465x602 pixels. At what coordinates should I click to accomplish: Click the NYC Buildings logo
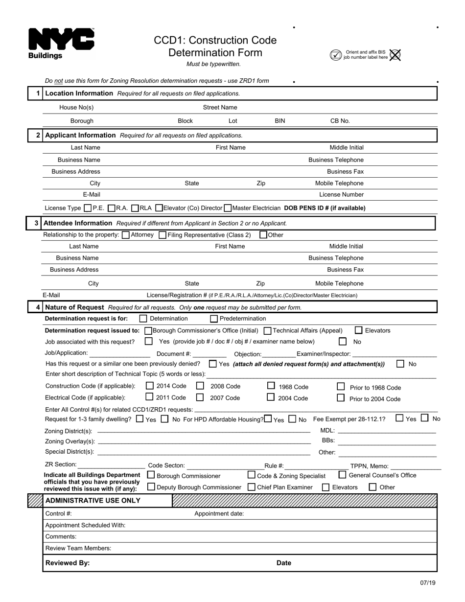[61, 43]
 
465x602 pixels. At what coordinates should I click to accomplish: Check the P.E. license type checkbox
[88, 208]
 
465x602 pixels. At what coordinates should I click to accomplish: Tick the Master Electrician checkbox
[228, 208]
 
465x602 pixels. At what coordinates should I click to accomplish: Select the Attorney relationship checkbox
[125, 235]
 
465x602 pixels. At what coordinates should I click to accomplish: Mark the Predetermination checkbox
[214, 319]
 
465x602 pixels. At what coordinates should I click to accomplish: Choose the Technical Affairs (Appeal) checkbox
[268, 331]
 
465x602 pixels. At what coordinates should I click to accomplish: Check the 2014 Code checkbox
[150, 386]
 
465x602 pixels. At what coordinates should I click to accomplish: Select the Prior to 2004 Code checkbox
[341, 398]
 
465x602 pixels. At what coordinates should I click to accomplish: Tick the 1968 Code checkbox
[271, 386]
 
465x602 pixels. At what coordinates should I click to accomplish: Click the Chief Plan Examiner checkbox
[252, 487]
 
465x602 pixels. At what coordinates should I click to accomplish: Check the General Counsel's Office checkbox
[343, 475]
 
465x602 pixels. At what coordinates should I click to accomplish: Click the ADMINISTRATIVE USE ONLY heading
[93, 500]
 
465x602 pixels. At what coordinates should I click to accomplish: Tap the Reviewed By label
[68, 563]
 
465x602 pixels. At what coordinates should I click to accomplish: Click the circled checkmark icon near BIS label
[336, 55]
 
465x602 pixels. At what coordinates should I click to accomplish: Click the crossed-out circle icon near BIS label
[395, 55]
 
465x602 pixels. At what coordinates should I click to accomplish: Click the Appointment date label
[219, 513]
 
